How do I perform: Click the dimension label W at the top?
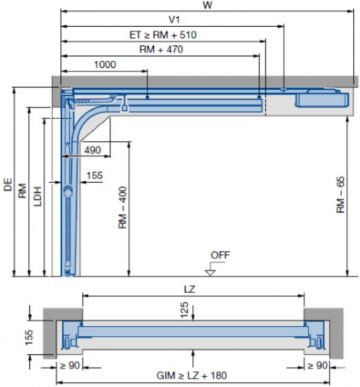pyautogui.click(x=206, y=5)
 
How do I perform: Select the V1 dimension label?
pyautogui.click(x=173, y=19)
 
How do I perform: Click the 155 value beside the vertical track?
pyautogui.click(x=94, y=176)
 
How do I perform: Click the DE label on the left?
pyautogui.click(x=8, y=185)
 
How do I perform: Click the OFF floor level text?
pyautogui.click(x=220, y=255)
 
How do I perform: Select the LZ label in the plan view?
pyautogui.click(x=188, y=288)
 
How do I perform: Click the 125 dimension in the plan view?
pyautogui.click(x=183, y=310)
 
